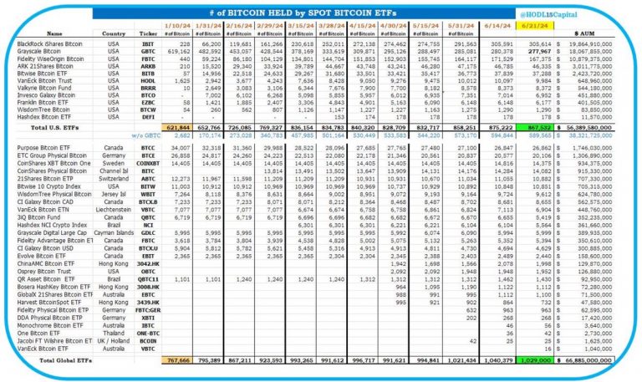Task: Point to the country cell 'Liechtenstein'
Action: (x=115, y=218)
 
